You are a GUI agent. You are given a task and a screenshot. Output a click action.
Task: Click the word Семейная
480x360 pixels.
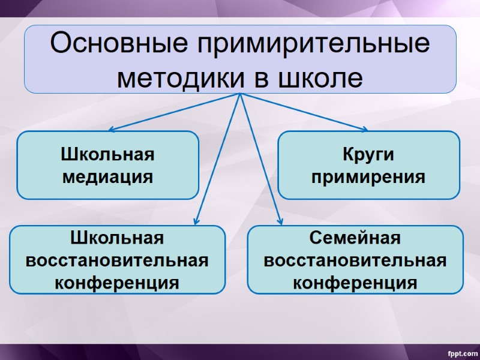pos(355,238)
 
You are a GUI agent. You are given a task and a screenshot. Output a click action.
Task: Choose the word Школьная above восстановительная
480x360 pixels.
pos(117,238)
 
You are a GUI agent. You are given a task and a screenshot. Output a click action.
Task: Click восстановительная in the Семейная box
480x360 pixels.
pos(355,260)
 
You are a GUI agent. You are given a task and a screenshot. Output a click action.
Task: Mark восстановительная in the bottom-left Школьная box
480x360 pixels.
pos(117,260)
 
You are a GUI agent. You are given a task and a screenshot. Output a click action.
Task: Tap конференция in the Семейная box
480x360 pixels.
pos(355,282)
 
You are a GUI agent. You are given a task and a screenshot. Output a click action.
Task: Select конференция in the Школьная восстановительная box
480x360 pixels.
pos(117,282)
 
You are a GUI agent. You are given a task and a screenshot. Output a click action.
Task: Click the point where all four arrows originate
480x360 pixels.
pos(240,94)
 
